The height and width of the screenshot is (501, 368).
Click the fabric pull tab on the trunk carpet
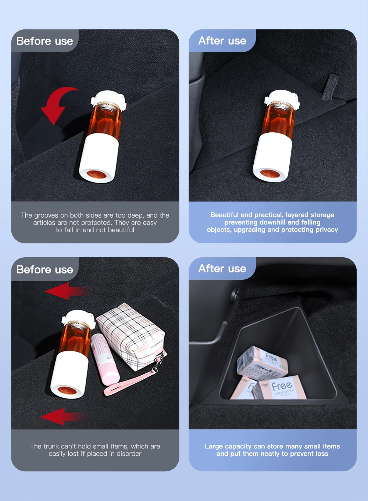pos(331,87)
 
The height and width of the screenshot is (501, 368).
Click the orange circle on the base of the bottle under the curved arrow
pos(96,174)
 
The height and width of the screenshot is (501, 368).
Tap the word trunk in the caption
pos(51,446)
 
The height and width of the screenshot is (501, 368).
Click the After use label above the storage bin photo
pos(222,268)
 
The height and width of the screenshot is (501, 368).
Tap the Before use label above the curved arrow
pos(45,41)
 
